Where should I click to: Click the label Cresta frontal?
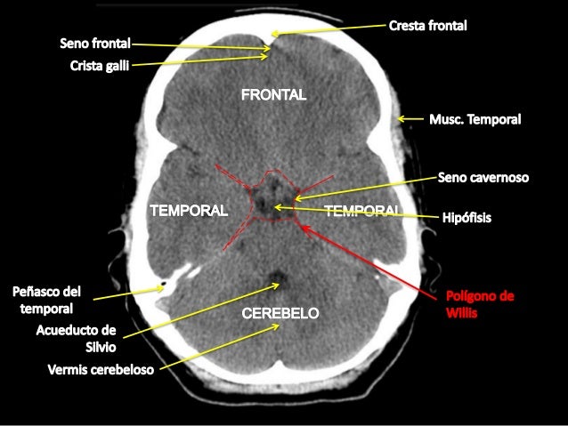coord(427,27)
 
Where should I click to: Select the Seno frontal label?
coord(95,42)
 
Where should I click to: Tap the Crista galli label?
coord(101,65)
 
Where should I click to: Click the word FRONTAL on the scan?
coord(274,93)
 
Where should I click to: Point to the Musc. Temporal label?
coord(475,119)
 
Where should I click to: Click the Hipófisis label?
coord(467,216)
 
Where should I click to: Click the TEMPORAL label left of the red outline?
coord(189,210)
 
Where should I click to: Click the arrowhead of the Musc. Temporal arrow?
coord(399,119)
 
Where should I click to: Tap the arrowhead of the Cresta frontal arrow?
coord(272,36)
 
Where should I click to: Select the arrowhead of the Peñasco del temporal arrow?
coord(164,285)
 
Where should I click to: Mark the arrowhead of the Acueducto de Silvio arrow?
coord(279,285)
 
